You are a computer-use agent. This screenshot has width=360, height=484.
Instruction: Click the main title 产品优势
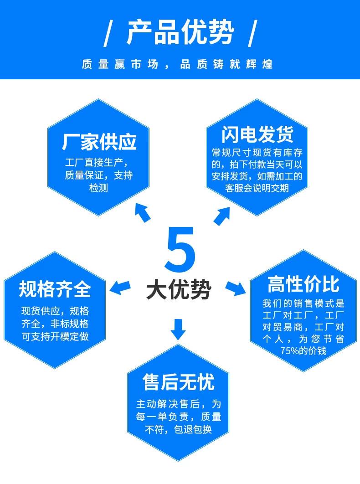click(180, 33)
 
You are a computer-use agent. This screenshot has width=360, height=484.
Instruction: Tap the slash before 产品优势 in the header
click(108, 34)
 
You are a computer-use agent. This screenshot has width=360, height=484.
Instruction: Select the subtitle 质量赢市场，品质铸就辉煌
click(177, 64)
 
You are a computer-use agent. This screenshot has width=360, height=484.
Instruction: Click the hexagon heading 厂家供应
click(99, 142)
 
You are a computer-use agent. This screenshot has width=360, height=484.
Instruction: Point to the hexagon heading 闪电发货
click(257, 134)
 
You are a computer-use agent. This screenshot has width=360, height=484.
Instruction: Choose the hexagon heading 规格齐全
click(55, 289)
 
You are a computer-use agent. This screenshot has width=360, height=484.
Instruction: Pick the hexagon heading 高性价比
click(303, 285)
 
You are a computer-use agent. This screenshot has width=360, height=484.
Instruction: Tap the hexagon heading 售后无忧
click(178, 382)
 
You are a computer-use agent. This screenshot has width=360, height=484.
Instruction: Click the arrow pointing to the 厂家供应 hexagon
click(142, 213)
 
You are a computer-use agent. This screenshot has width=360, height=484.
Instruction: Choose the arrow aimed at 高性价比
click(236, 288)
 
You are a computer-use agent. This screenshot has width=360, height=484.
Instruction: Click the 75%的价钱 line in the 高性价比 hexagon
click(303, 350)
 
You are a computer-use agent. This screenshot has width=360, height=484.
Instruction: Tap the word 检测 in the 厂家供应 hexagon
click(98, 188)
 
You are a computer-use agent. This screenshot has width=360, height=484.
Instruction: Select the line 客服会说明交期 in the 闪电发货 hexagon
click(257, 188)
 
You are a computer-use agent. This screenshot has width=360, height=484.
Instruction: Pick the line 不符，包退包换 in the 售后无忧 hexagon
click(178, 429)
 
